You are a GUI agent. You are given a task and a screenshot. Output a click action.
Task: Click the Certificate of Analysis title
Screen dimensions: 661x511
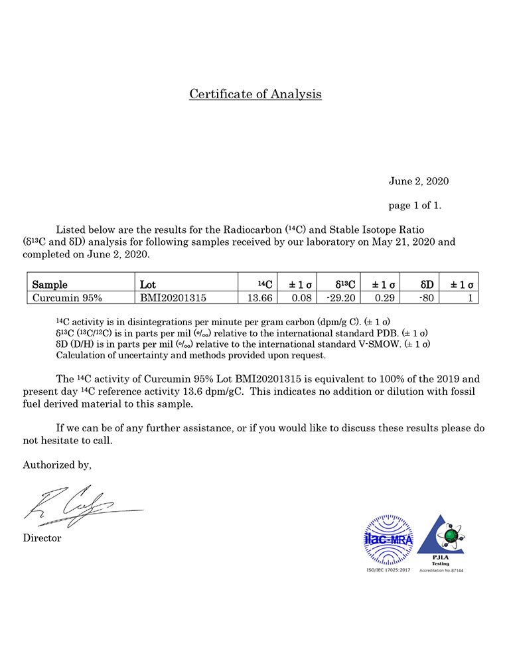pyautogui.click(x=256, y=94)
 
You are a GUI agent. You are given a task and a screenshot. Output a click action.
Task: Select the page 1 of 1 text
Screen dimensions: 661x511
pyautogui.click(x=415, y=206)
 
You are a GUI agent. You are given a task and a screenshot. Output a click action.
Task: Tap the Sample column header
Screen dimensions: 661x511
pyautogui.click(x=50, y=285)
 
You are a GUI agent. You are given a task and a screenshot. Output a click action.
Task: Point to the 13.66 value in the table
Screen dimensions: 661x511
pyautogui.click(x=260, y=298)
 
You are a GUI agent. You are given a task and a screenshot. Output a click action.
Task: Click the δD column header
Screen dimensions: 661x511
pyautogui.click(x=427, y=285)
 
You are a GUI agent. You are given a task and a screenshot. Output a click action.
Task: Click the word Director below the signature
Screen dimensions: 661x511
pyautogui.click(x=42, y=538)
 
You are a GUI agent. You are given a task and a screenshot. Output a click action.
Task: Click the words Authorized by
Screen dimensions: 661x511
pyautogui.click(x=57, y=465)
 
